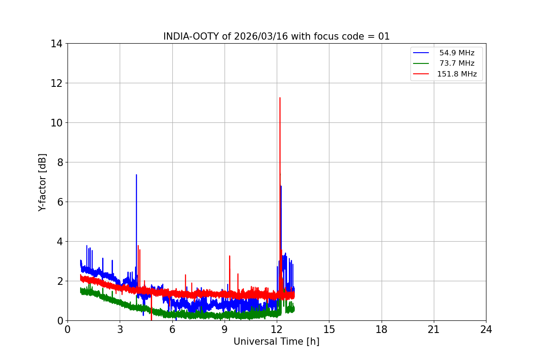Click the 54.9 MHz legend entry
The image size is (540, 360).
(x=457, y=53)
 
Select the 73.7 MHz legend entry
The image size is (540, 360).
(x=457, y=63)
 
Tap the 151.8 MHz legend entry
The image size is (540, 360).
(x=457, y=74)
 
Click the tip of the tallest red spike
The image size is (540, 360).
(x=280, y=98)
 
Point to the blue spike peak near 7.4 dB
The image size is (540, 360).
(x=136, y=175)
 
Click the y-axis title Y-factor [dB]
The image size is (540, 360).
(x=42, y=182)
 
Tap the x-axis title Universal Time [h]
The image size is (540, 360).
(x=276, y=342)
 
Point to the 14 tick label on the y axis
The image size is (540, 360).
(x=56, y=44)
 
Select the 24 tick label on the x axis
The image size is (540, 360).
(x=486, y=329)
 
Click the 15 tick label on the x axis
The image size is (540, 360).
(x=329, y=329)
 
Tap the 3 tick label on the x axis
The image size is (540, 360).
(x=120, y=329)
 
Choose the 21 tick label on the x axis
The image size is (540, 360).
(x=434, y=329)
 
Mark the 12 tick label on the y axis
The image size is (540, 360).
(x=56, y=83)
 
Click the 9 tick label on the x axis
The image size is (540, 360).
(x=225, y=329)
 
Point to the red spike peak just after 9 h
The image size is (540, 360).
(x=229, y=256)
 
